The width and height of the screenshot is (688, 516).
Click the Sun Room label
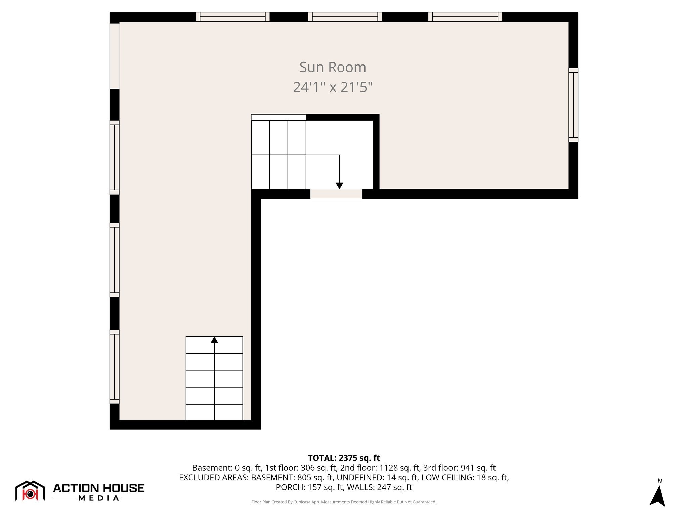[333, 67]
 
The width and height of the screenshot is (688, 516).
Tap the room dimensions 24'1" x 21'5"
[333, 87]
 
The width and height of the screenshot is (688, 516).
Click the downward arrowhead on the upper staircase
[339, 185]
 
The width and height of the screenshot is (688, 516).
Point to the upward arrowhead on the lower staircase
[214, 340]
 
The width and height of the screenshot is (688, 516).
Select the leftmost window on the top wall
[232, 17]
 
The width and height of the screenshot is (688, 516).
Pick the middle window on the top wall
[345, 17]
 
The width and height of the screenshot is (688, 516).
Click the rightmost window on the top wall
[465, 17]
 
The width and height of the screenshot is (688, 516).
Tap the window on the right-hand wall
[573, 105]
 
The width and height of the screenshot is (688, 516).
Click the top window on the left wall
[115, 157]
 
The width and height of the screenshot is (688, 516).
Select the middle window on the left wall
[115, 260]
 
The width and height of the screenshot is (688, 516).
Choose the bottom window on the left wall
[115, 367]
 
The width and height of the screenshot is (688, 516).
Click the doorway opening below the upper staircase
[336, 194]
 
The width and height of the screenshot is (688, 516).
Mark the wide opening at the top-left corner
[115, 56]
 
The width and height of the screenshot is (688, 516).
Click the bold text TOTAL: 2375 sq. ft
[344, 458]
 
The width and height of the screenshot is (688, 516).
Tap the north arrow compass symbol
[657, 496]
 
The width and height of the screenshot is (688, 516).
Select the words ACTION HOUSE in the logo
[99, 488]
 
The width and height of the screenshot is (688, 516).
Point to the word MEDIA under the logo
[99, 498]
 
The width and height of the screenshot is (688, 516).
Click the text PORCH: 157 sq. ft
[308, 487]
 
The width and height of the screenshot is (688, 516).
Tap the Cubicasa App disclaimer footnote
[344, 502]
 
